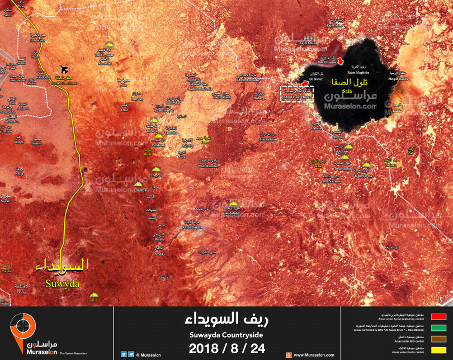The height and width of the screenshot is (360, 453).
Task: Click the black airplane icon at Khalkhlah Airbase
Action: point(64,69)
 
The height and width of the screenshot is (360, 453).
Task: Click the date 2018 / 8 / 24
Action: point(226,348)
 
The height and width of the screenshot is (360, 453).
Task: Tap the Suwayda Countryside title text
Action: point(226,335)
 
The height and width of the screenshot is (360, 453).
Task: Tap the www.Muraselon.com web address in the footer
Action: point(314,355)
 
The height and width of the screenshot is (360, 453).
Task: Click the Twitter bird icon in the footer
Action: point(124,354)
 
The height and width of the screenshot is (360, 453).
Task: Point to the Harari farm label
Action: point(270,139)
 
